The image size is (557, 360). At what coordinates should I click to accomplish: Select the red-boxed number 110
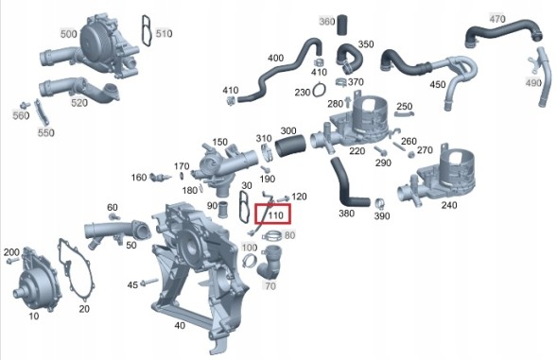275,215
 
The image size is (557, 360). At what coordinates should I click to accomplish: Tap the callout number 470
497,18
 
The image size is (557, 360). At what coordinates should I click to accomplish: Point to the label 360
326,21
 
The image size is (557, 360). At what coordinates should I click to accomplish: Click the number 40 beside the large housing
180,326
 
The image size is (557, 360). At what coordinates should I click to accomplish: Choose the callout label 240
448,205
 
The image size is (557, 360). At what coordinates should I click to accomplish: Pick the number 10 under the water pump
34,316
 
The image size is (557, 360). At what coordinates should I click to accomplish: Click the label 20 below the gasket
84,309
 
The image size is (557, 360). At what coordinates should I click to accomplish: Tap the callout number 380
346,214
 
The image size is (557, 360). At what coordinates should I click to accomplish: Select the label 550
46,133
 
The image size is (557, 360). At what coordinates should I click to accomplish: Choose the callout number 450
437,85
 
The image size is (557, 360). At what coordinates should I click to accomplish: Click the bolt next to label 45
149,283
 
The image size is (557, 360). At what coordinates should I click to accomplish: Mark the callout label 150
219,141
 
